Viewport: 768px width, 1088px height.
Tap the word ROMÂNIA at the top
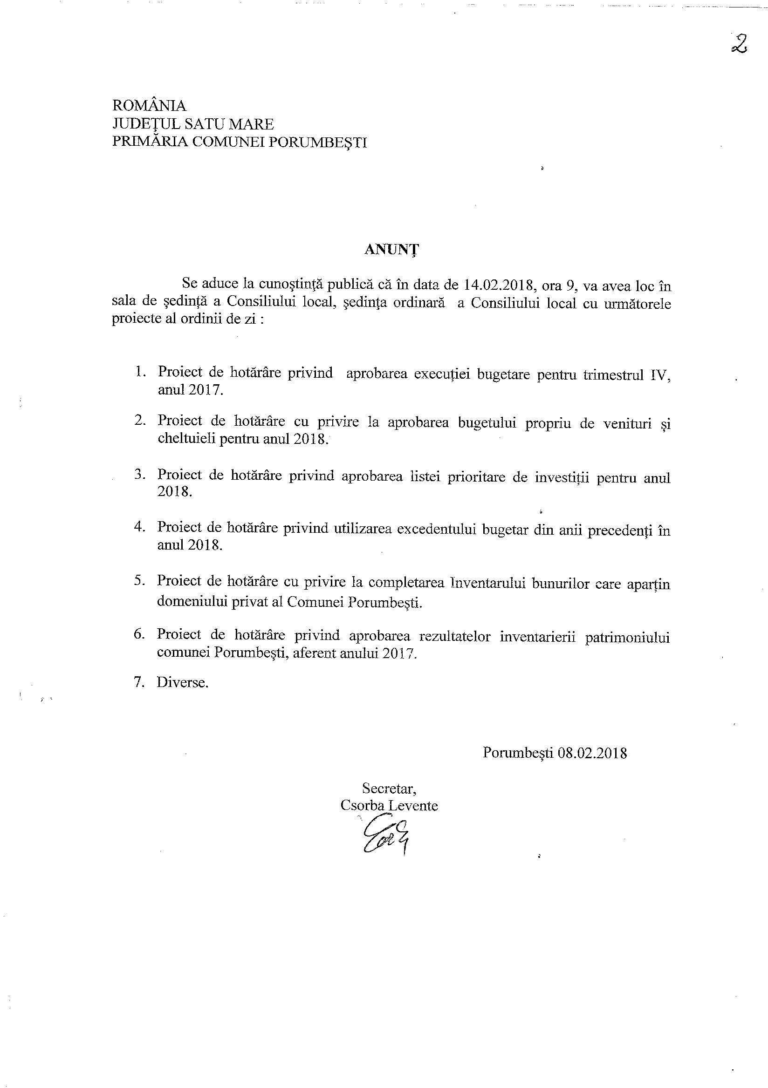pyautogui.click(x=149, y=105)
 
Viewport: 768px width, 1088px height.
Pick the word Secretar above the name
pyautogui.click(x=389, y=788)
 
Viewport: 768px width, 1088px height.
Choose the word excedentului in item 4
pyautogui.click(x=437, y=529)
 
